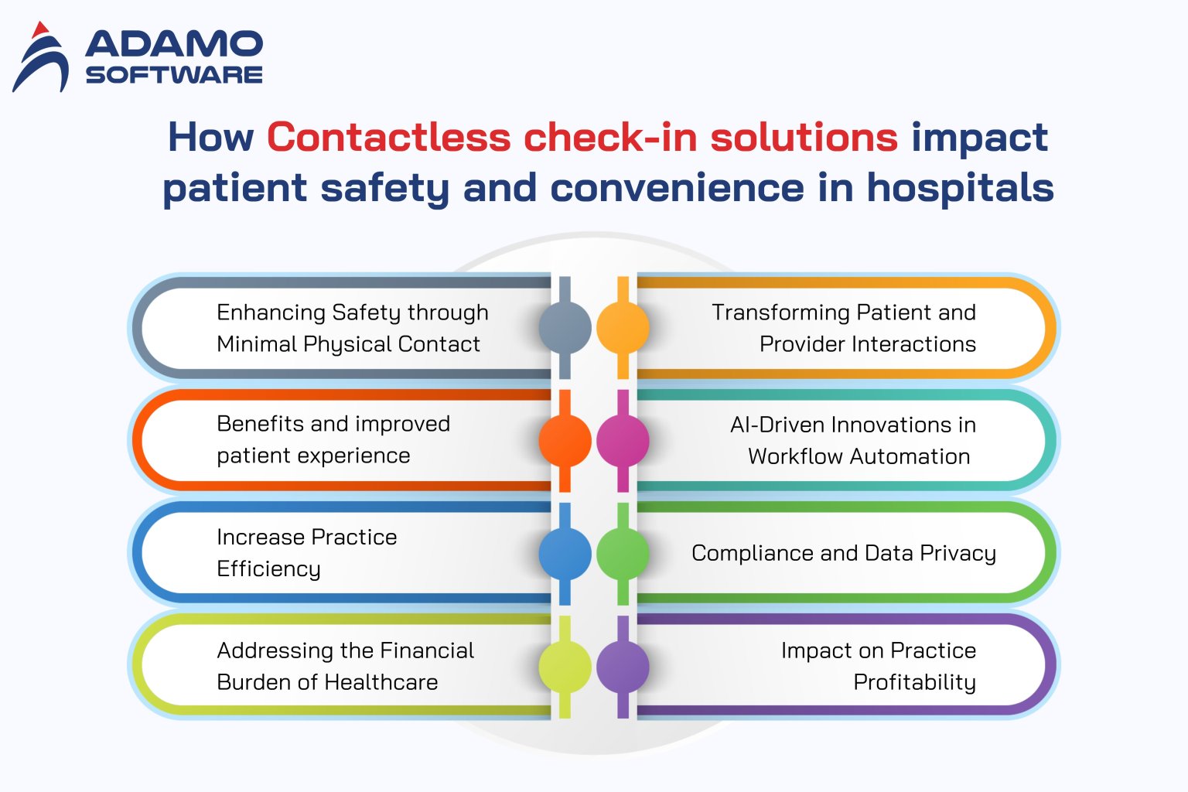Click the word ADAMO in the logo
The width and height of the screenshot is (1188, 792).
click(x=174, y=45)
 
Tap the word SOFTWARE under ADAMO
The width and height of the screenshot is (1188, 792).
click(x=174, y=75)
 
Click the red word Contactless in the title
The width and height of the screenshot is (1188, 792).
click(x=388, y=138)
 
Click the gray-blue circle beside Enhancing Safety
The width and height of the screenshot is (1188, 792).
click(x=565, y=328)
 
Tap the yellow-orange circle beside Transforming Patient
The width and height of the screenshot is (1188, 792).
click(x=623, y=328)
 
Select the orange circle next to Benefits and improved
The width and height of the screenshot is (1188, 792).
click(x=565, y=440)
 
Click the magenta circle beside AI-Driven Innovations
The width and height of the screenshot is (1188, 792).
click(x=623, y=440)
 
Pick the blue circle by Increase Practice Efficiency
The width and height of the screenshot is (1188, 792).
click(x=565, y=553)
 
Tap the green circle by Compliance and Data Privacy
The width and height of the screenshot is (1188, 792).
click(x=623, y=553)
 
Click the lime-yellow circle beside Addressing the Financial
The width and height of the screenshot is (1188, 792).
click(x=565, y=667)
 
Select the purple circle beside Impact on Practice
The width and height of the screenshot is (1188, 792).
click(x=623, y=667)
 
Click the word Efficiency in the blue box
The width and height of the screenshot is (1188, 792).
click(x=268, y=569)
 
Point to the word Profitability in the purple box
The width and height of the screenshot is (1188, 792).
click(x=914, y=682)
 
